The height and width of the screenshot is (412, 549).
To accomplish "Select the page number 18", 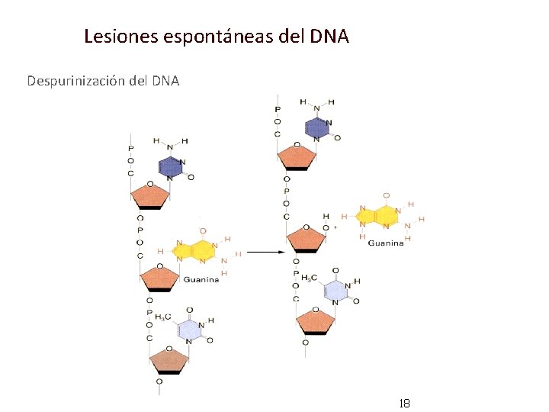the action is [404, 402].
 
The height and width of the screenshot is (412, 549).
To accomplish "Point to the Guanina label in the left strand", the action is [201, 279].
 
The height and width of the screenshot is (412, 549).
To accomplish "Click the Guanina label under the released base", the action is [386, 243].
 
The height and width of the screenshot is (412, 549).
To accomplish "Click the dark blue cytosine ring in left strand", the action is [171, 168].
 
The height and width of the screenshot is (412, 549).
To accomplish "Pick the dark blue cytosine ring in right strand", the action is [317, 127].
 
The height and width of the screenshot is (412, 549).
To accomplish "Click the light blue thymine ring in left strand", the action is [189, 330].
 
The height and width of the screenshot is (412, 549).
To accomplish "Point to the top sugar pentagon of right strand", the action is [297, 156].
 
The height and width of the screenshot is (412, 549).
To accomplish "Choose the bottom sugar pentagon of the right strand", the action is [315, 320].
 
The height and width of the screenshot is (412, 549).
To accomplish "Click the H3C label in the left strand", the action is [163, 317].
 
